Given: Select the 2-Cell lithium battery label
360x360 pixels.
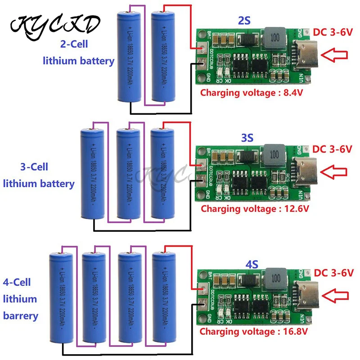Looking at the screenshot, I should [78, 53].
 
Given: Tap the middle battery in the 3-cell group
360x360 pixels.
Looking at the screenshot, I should [128, 173].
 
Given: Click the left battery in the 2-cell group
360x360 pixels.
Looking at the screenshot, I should [130, 56].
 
